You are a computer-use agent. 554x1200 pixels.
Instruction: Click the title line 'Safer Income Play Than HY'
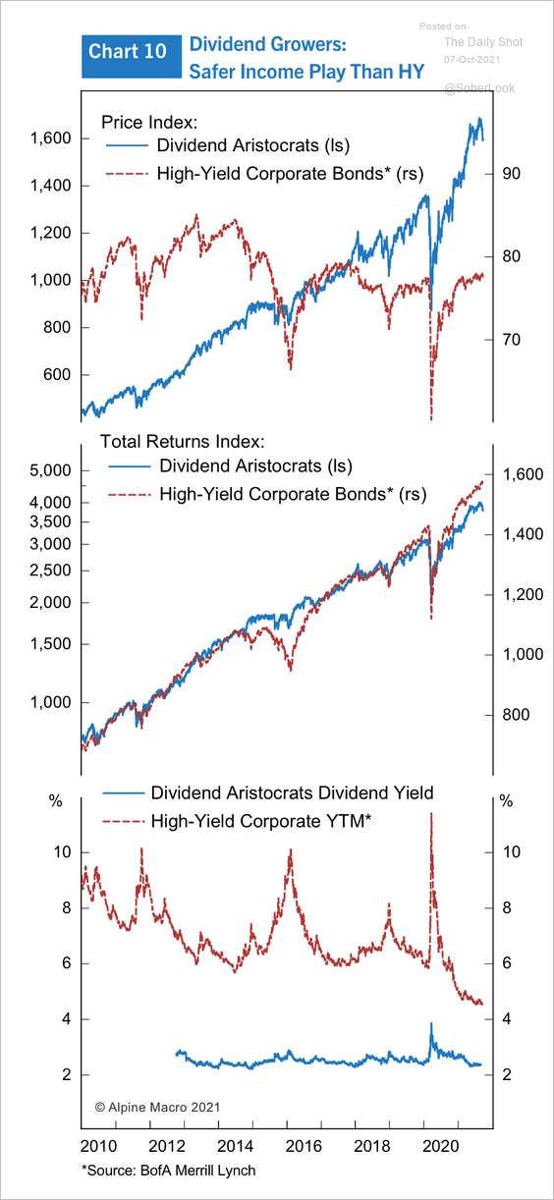[306, 72]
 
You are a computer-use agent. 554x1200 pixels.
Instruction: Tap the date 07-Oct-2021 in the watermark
[471, 60]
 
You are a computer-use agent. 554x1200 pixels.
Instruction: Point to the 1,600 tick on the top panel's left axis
[51, 138]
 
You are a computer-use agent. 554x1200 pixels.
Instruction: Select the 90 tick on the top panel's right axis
[511, 174]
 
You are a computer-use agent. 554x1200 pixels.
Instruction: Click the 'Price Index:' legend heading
[149, 122]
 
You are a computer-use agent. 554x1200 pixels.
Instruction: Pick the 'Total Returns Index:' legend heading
[182, 442]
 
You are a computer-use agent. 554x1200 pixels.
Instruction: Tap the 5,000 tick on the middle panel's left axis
[51, 470]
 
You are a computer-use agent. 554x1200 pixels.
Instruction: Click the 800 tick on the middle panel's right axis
[516, 715]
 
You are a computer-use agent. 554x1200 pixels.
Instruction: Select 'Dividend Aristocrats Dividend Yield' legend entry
[292, 792]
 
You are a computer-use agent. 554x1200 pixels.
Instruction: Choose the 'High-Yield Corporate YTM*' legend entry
[261, 821]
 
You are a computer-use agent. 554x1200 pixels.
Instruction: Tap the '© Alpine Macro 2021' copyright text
[157, 1108]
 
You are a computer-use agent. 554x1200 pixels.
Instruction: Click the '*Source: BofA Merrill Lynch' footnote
[168, 1170]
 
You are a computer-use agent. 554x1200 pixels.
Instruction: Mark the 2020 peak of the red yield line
[431, 813]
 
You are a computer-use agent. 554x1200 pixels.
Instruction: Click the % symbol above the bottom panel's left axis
[56, 801]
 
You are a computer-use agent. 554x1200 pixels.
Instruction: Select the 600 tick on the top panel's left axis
[57, 374]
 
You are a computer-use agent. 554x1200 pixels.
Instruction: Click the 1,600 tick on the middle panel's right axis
[523, 474]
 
